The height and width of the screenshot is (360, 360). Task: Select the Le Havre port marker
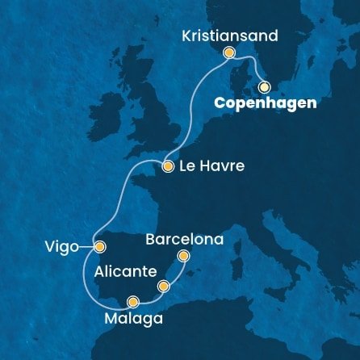[x=168, y=167]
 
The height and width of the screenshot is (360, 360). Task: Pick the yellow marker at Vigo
[x=99, y=247]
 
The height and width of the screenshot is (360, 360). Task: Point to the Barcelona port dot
[x=183, y=257]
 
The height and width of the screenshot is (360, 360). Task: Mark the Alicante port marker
[x=164, y=286]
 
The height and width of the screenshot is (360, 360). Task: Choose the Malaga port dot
[x=132, y=303]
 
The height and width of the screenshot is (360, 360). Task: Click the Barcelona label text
[x=184, y=239]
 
